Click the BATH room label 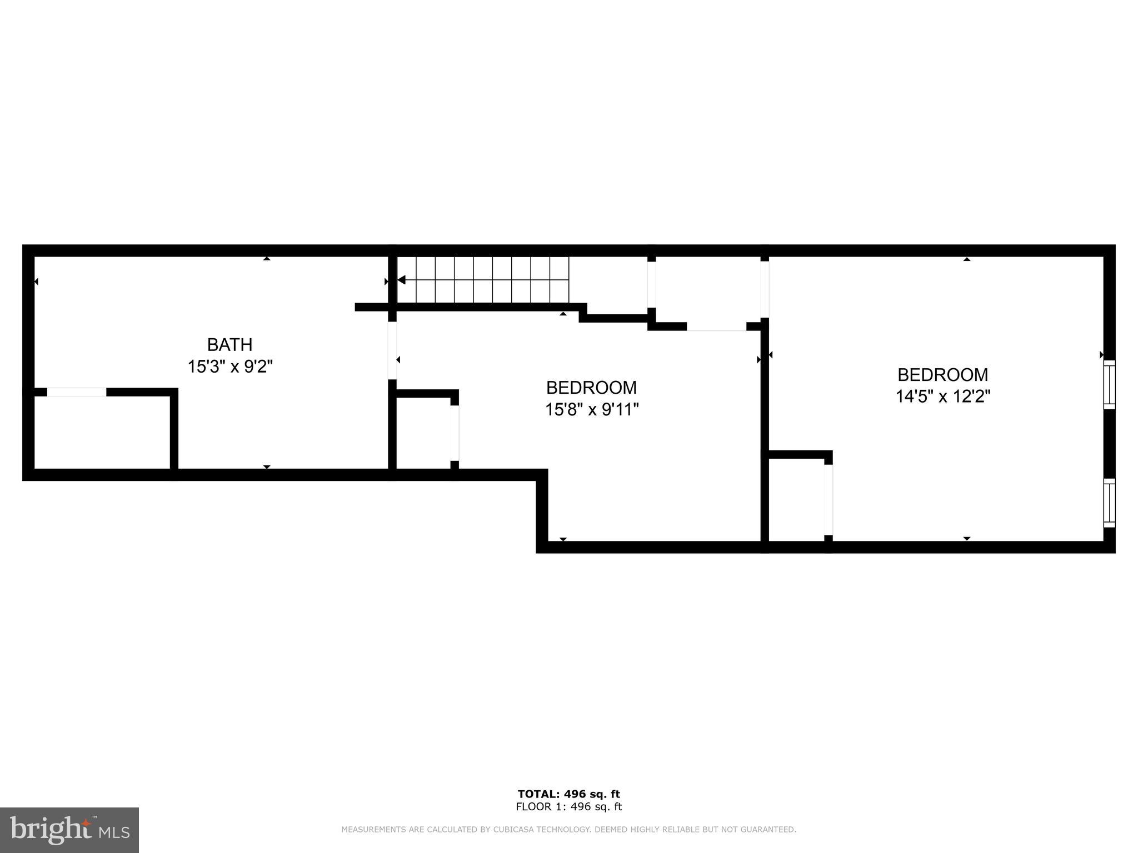[x=229, y=345]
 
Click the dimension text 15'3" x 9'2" [x=229, y=367]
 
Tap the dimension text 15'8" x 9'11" [x=591, y=410]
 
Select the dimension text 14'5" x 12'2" [x=943, y=397]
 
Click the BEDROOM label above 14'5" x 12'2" [x=943, y=375]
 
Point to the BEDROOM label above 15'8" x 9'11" [x=591, y=387]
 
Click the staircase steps [x=483, y=279]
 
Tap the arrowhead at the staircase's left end [x=401, y=280]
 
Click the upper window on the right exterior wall [x=1109, y=384]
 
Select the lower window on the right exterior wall [x=1109, y=503]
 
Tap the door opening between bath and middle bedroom [x=392, y=350]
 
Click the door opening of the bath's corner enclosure [x=76, y=392]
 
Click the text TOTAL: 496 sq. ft [x=568, y=794]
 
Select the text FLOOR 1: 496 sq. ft [x=568, y=807]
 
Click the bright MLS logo [x=69, y=830]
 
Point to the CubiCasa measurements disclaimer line [x=568, y=830]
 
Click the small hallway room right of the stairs [x=708, y=290]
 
